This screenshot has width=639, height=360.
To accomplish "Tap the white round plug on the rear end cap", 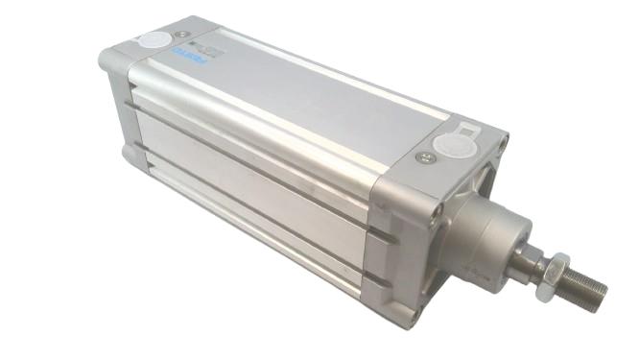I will [x=151, y=42].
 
